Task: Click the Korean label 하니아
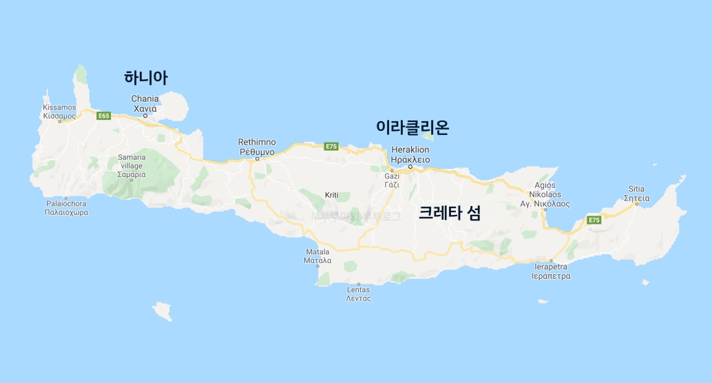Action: pyautogui.click(x=146, y=78)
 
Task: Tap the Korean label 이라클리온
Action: pyautogui.click(x=412, y=127)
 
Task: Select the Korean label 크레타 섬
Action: pyautogui.click(x=450, y=213)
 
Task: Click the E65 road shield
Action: pyautogui.click(x=104, y=116)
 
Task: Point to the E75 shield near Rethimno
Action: pyautogui.click(x=331, y=146)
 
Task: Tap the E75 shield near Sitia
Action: pyautogui.click(x=593, y=219)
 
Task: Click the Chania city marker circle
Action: pyautogui.click(x=145, y=116)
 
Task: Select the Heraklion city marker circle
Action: pyautogui.click(x=410, y=167)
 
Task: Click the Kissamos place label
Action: pyautogui.click(x=59, y=112)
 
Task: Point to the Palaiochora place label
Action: pyautogui.click(x=67, y=208)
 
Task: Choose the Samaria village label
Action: pyautogui.click(x=131, y=166)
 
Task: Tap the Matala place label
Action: pyautogui.click(x=318, y=256)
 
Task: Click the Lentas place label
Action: pyautogui.click(x=359, y=294)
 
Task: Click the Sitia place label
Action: pyautogui.click(x=637, y=193)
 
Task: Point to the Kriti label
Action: pyautogui.click(x=332, y=196)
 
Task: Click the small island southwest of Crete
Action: pyautogui.click(x=163, y=311)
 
